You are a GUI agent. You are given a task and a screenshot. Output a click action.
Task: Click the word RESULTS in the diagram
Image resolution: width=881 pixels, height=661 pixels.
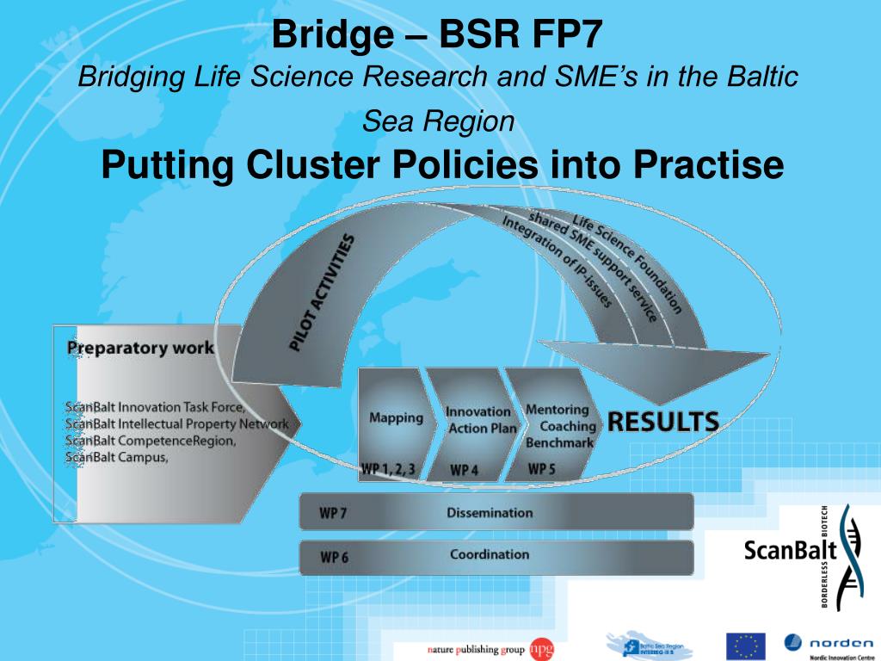click(x=663, y=422)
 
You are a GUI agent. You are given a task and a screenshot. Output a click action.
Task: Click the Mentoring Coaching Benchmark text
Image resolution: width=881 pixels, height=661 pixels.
click(x=560, y=426)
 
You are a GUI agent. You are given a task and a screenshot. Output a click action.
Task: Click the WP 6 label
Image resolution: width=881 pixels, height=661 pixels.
click(x=334, y=557)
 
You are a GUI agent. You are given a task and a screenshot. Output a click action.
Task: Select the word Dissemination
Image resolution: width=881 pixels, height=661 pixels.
click(x=490, y=513)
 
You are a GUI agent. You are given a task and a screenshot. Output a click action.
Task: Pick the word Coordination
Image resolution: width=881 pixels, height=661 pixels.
click(x=490, y=554)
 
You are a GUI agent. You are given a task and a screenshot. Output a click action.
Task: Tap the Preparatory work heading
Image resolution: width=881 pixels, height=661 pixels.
click(x=140, y=349)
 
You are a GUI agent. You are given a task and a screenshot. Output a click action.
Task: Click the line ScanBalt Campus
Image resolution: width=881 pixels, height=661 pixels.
click(x=117, y=457)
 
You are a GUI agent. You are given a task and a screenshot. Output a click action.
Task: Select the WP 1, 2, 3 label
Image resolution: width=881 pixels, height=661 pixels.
click(x=388, y=469)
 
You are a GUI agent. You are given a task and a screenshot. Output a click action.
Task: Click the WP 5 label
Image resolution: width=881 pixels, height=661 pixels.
click(x=542, y=469)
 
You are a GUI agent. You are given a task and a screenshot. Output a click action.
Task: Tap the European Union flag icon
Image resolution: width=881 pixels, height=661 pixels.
click(x=745, y=646)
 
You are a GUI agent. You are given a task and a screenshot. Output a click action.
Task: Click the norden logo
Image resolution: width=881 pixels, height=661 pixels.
click(x=828, y=644)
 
